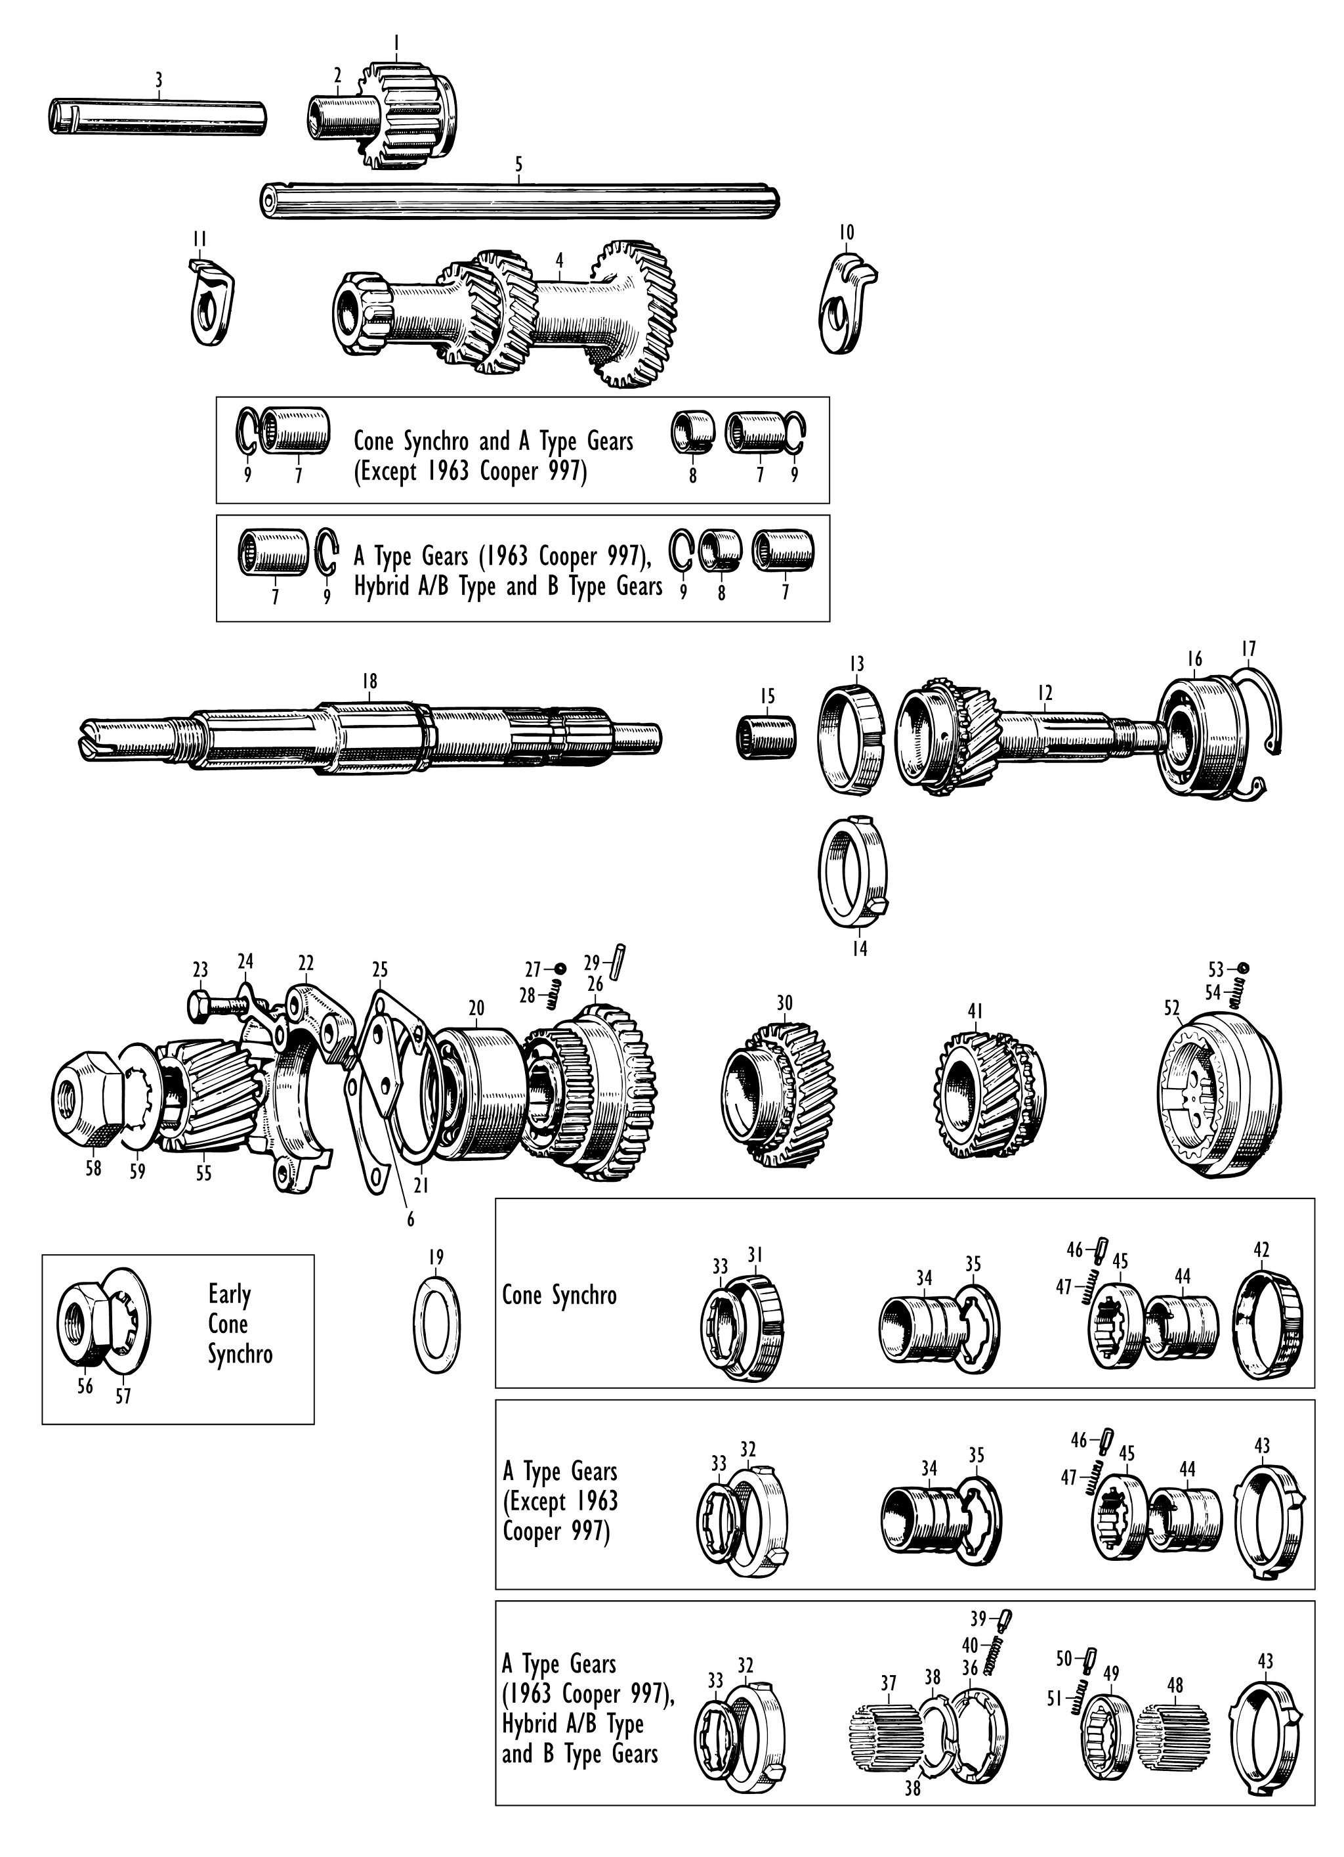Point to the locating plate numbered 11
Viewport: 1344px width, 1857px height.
click(x=209, y=301)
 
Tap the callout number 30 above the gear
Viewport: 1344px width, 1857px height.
click(x=785, y=1003)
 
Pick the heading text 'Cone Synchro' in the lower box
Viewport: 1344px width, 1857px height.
click(x=559, y=1296)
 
